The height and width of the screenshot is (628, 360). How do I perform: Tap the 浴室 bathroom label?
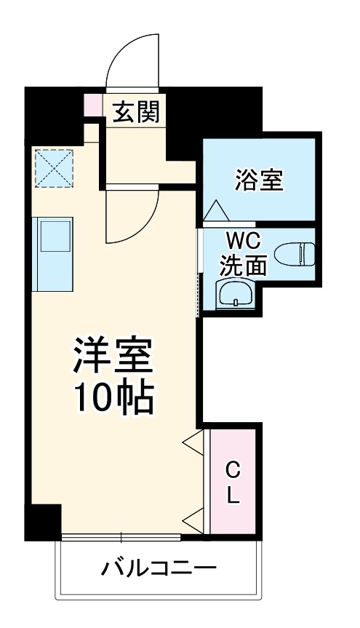pyautogui.click(x=259, y=179)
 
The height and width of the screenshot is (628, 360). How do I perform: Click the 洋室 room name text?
pyautogui.click(x=112, y=354)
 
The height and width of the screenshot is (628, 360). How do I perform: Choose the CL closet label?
pyautogui.click(x=232, y=482)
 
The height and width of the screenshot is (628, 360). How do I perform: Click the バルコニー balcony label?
pyautogui.click(x=158, y=567)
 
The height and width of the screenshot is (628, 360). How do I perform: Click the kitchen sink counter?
pyautogui.click(x=53, y=252)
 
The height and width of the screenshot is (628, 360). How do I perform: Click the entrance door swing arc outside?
pyautogui.click(x=131, y=62)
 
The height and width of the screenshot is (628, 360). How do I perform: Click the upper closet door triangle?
pyautogui.click(x=193, y=443)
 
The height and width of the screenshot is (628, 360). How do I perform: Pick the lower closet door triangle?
pyautogui.click(x=193, y=521)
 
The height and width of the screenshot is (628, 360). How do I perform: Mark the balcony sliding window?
pyautogui.click(x=121, y=538)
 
